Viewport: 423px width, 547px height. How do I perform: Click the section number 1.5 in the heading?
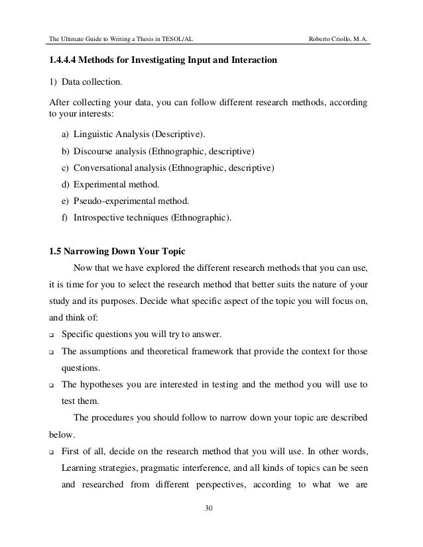tap(57, 252)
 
